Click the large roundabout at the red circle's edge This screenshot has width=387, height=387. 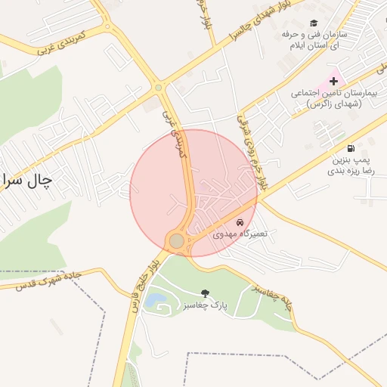point(176,240)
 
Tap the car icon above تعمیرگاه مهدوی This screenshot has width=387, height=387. point(240,223)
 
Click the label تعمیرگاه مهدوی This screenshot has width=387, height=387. point(240,234)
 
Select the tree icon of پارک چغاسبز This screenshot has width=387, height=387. point(205,293)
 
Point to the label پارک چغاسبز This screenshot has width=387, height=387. point(205,305)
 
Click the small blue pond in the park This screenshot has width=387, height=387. point(154,301)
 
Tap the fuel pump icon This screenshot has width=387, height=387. point(350,148)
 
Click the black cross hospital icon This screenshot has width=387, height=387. point(333,81)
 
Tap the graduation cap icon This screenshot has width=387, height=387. point(314,23)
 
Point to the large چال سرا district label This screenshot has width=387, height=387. point(26,180)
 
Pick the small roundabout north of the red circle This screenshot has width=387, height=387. point(159,88)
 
